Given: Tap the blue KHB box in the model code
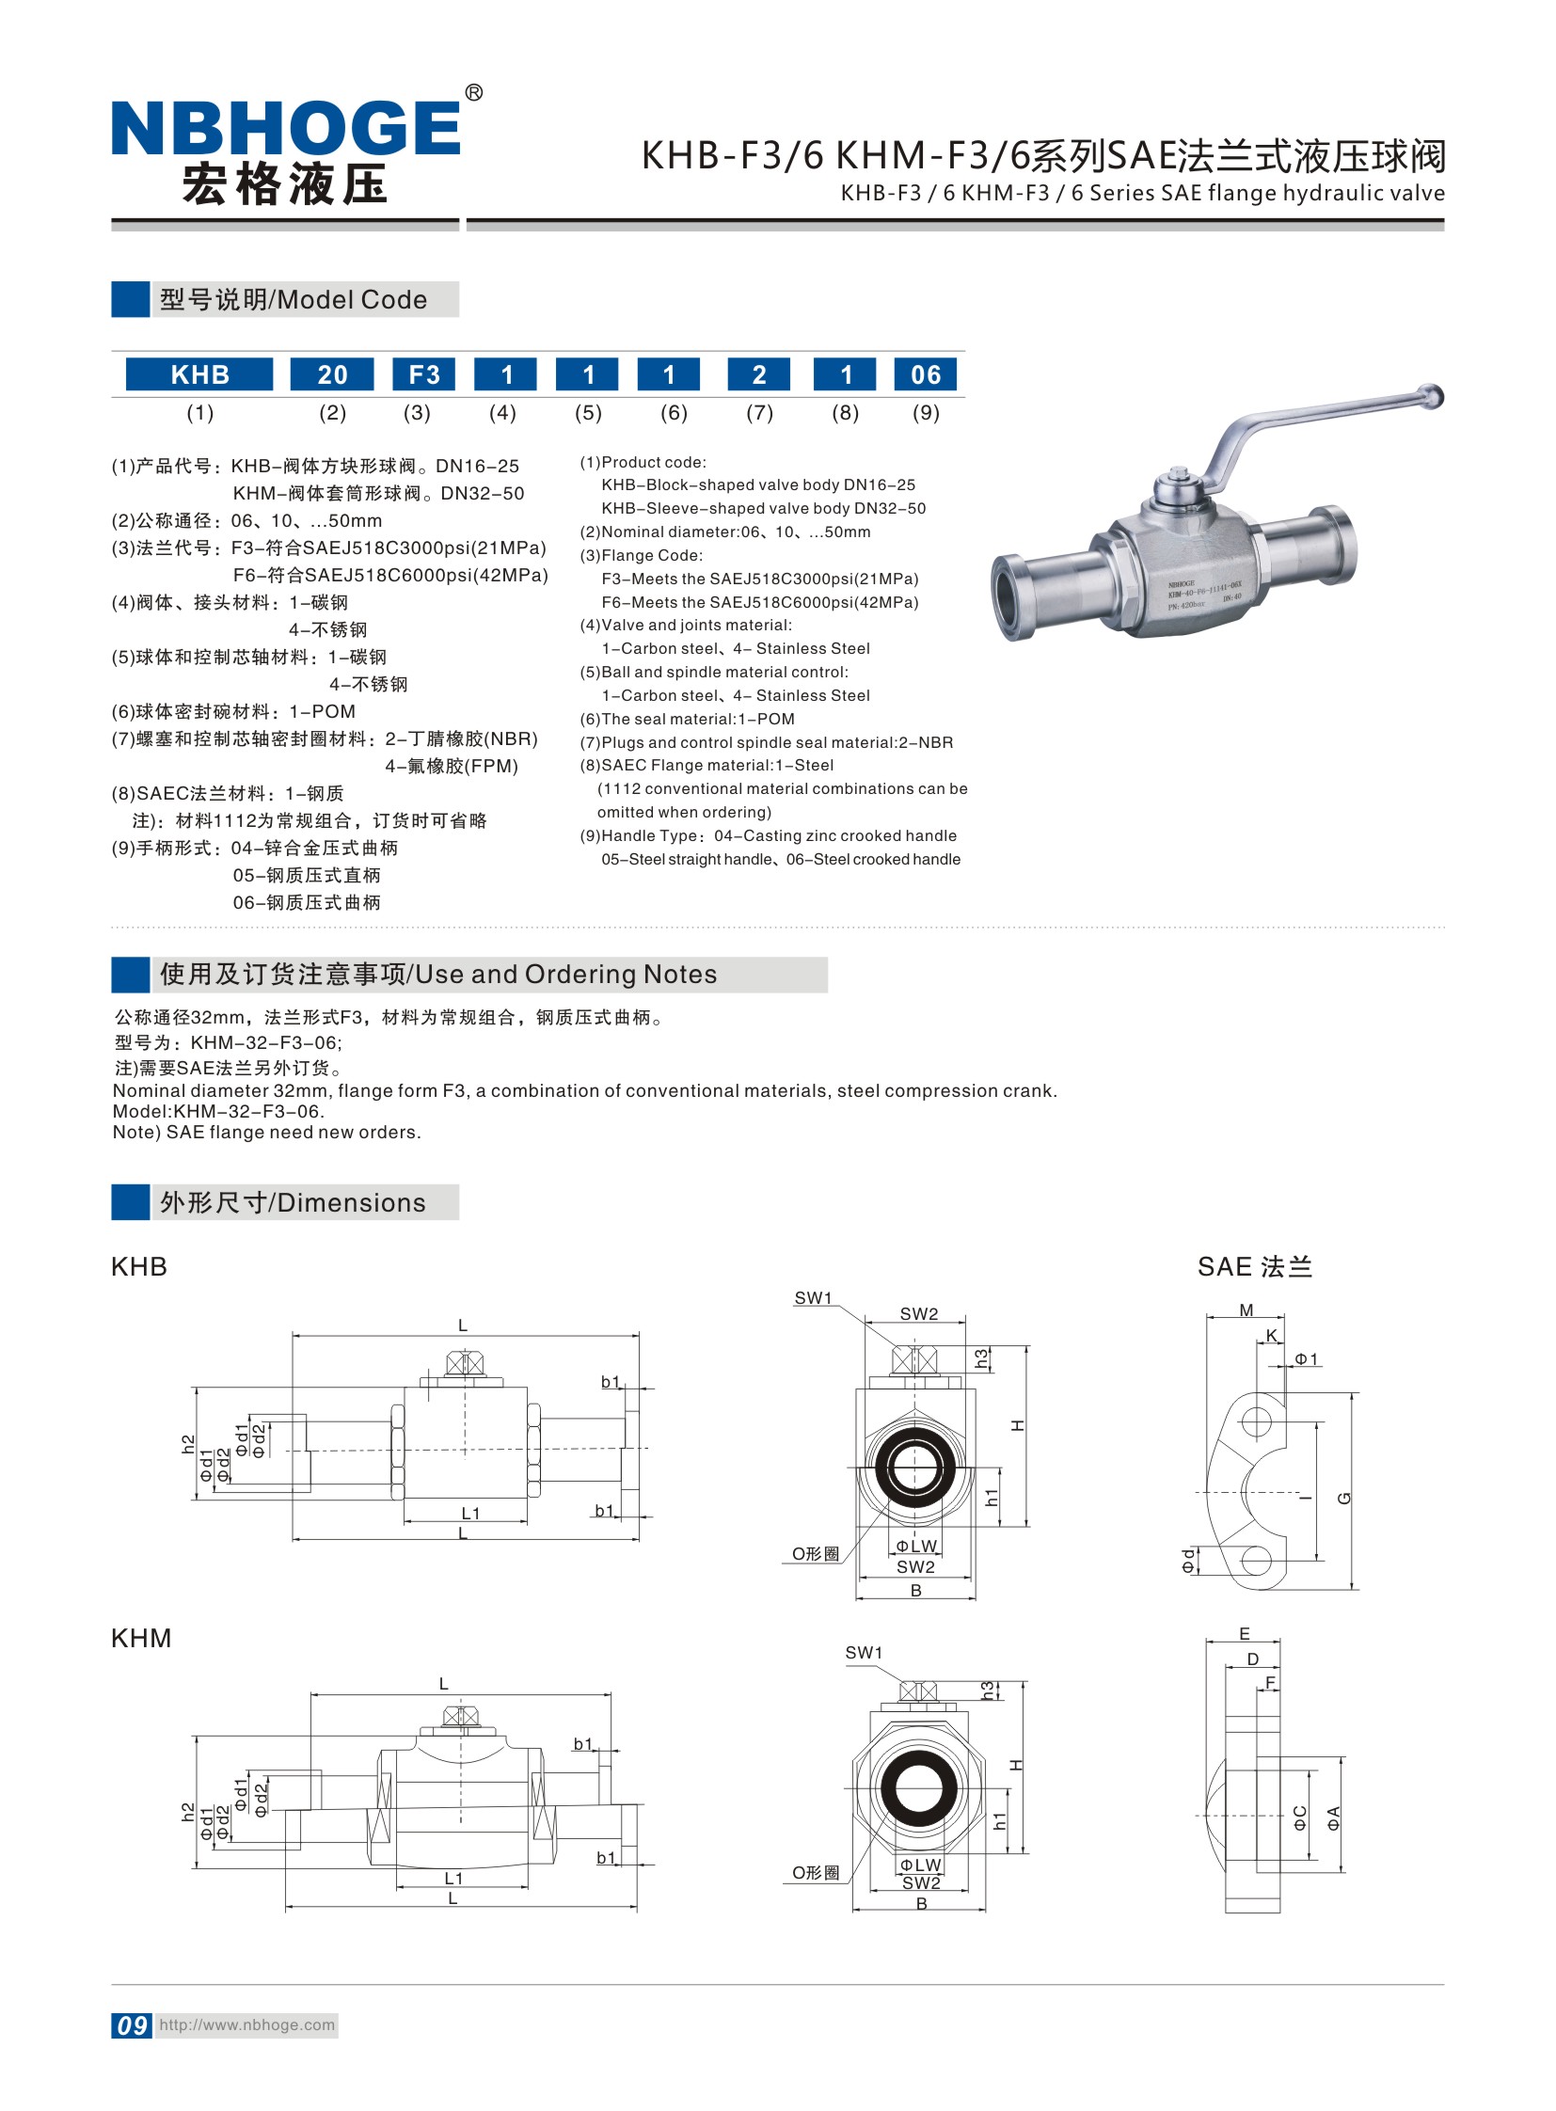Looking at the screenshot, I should coord(199,375).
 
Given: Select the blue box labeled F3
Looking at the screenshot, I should coord(424,375).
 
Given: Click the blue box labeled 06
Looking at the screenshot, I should coord(925,375).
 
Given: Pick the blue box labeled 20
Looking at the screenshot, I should coord(331,375).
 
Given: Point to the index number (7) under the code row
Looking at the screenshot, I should coord(759,413).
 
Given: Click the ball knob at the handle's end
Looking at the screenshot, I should coord(1431,396).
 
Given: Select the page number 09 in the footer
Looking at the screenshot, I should coord(132,2025).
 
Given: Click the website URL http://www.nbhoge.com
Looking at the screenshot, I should coord(246,2025).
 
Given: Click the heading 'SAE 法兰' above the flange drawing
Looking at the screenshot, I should coord(1254,1267).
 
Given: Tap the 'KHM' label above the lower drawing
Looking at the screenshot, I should coord(141,1638).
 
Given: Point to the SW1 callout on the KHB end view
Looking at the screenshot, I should coord(813,1298).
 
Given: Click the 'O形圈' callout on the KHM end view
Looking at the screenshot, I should coord(815,1873).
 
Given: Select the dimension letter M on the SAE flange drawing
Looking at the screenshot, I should coord(1246,1310).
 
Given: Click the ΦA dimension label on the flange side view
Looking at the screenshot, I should coord(1334,1818).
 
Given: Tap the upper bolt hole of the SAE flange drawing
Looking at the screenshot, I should coord(1257,1421).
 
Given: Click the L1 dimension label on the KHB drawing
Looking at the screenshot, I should coord(470,1514).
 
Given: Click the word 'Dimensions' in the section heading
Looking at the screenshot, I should coord(351,1203).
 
